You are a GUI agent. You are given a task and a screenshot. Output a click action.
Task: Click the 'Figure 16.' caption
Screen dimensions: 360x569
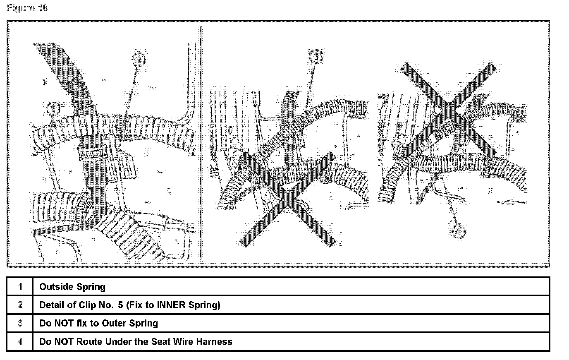29,9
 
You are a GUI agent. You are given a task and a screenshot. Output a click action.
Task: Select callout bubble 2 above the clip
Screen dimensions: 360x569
139,59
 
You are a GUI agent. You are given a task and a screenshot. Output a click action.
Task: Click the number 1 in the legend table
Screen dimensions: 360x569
20,287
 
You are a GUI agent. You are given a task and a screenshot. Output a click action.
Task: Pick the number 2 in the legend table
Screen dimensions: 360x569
20,305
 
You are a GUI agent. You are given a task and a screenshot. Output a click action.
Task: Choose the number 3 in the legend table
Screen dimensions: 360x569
20,323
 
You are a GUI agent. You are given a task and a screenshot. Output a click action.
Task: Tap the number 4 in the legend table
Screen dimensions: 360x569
20,341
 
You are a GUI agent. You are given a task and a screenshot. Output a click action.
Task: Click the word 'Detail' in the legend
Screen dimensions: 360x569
52,305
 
